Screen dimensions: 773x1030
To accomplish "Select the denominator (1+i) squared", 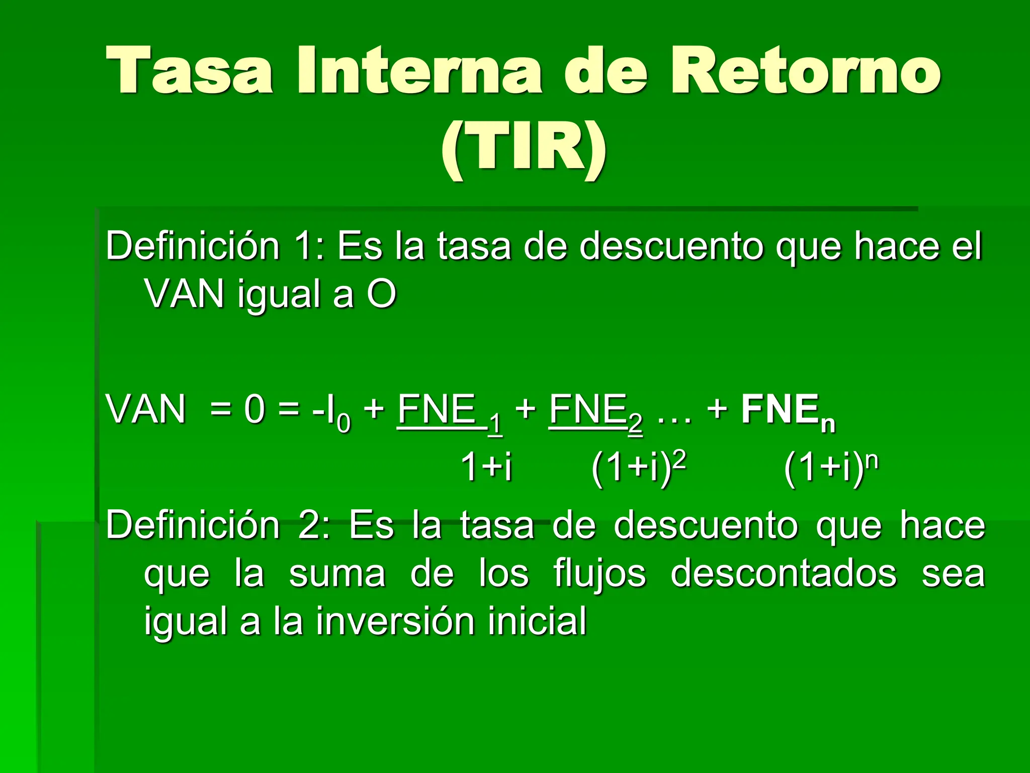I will pyautogui.click(x=639, y=467).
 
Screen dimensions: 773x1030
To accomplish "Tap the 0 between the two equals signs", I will pyautogui.click(x=254, y=410).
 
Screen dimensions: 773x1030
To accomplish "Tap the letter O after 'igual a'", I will pyautogui.click(x=381, y=294).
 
